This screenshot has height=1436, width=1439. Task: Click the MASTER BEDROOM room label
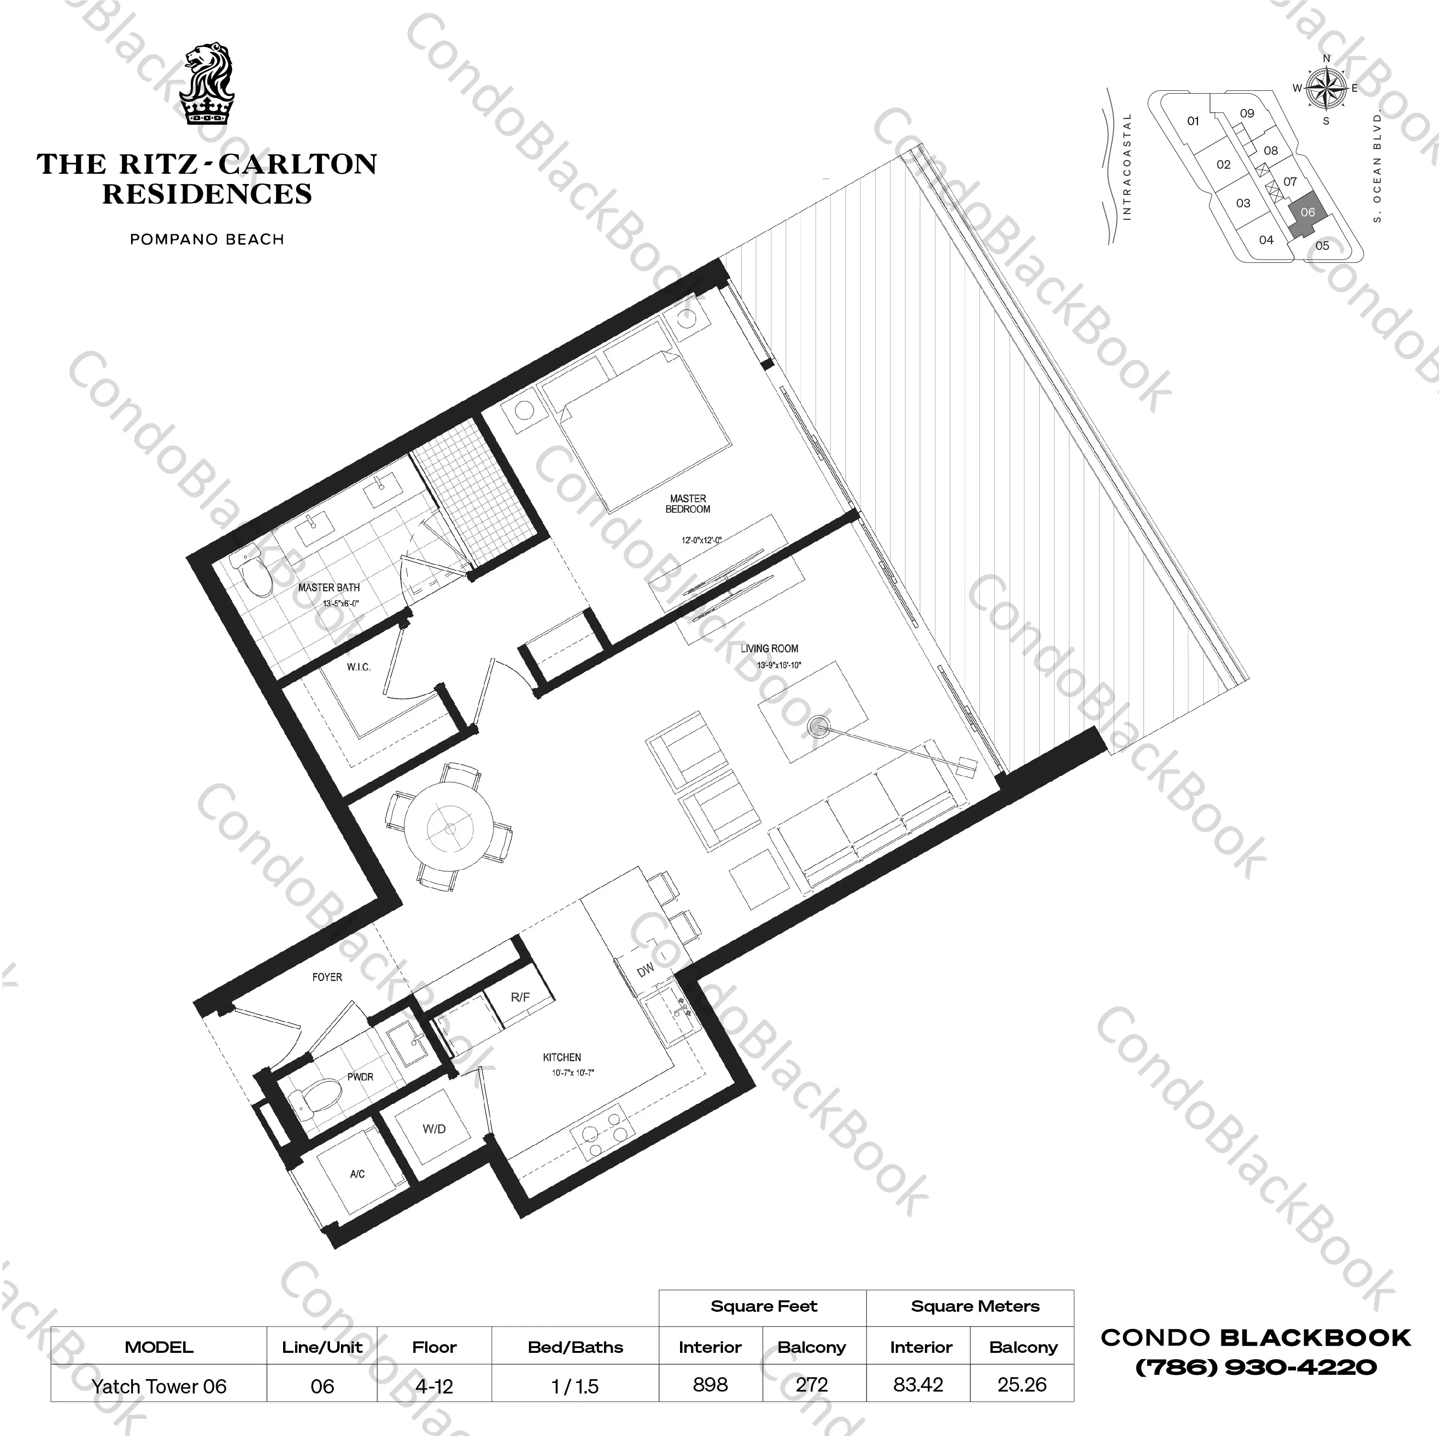688,504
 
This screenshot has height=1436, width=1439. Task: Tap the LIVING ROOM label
769,649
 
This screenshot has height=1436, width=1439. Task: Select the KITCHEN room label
561,1057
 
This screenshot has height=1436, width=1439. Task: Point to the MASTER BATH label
329,587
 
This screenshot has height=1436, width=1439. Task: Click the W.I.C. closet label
358,667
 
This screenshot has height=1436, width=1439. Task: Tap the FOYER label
327,977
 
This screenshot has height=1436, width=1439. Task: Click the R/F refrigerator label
520,997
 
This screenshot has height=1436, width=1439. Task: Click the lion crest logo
209,83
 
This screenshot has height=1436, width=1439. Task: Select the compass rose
1326,88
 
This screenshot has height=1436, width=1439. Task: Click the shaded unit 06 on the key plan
1307,213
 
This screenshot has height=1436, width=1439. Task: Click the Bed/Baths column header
575,1347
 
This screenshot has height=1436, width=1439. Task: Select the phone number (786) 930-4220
1255,1367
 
